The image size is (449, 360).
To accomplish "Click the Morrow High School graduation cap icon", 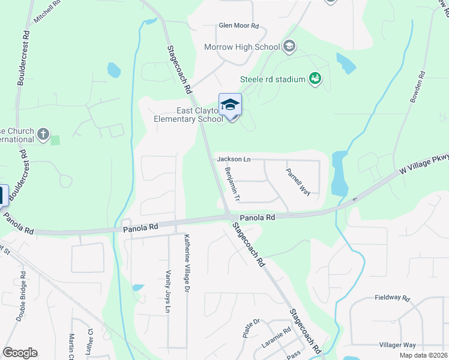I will tap(289, 46).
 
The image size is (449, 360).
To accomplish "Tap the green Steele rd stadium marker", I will tap(314, 79).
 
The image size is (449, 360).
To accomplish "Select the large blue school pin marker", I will tap(230, 106).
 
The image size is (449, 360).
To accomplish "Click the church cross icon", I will tap(43, 134).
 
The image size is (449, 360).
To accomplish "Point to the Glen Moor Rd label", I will tap(238, 26).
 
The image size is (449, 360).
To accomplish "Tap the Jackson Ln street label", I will tap(234, 159).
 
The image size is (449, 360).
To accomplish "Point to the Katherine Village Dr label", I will tap(187, 263).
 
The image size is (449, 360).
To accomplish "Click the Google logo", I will tap(20, 353).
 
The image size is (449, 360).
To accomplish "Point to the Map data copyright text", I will tap(423, 355).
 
